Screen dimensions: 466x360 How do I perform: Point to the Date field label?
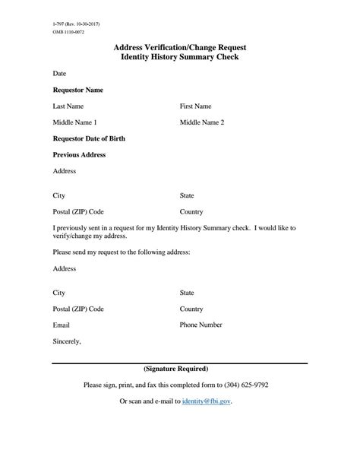coord(59,74)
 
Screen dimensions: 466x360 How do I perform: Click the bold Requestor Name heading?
coord(77,90)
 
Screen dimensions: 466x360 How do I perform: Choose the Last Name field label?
coord(68,106)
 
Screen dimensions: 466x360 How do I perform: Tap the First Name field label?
coord(195,106)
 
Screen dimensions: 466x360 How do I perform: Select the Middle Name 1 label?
coord(74,122)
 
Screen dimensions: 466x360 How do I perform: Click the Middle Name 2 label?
coord(202,122)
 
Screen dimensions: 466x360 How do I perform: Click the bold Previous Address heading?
coord(79,154)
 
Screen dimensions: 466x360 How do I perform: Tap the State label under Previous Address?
coord(187,195)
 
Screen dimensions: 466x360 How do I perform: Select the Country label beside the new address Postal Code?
coord(191,309)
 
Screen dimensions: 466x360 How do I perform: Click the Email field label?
coord(62,325)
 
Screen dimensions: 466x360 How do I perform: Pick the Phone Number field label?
coord(201,325)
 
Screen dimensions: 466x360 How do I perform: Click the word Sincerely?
coord(67,341)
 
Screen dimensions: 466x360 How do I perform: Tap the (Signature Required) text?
coord(180,369)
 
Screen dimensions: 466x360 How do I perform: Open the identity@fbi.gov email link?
coord(207,401)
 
